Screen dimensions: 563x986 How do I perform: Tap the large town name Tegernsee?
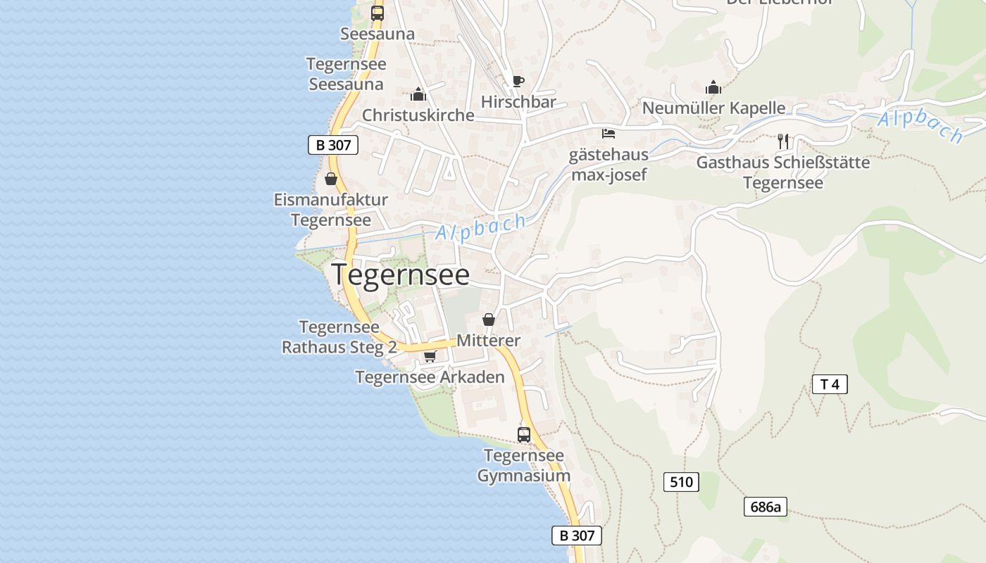tap(400, 274)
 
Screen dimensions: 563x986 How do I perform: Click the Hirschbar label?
tap(518, 102)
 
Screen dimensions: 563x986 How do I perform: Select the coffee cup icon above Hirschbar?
tap(518, 81)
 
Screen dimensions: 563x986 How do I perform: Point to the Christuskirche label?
tap(418, 115)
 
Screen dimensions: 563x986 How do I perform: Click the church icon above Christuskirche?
tap(418, 94)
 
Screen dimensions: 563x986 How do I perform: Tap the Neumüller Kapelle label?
tap(713, 108)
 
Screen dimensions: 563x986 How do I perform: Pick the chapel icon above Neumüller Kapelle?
tap(713, 87)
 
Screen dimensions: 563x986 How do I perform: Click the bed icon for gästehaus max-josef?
tap(609, 133)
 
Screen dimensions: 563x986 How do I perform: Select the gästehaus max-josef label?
tap(609, 165)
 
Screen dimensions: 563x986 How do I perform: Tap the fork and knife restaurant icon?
tap(782, 141)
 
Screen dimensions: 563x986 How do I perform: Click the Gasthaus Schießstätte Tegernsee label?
tap(782, 172)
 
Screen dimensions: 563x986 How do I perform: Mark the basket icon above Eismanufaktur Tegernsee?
tap(331, 179)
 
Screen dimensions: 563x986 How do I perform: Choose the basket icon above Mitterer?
tap(489, 320)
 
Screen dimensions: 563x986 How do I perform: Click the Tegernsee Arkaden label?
tap(430, 377)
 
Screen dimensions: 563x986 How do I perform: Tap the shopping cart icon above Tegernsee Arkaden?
tap(430, 357)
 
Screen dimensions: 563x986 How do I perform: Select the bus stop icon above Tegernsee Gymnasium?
tap(524, 434)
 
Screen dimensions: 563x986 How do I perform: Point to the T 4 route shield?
tap(830, 384)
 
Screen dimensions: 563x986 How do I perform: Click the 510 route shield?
tap(681, 482)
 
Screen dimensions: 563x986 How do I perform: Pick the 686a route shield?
tap(766, 507)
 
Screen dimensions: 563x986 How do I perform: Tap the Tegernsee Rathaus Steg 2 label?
tap(339, 337)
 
